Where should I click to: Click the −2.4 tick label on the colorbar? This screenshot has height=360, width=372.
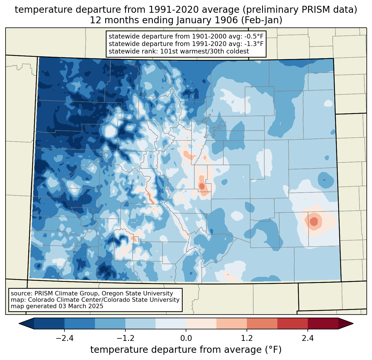64,338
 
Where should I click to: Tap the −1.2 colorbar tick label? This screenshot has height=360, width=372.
125,338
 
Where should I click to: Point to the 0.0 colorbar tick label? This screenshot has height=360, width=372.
186,338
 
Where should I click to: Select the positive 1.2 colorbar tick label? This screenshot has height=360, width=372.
247,338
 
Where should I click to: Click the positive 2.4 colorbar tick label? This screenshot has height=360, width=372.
308,338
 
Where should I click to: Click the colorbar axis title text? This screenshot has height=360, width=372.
186,350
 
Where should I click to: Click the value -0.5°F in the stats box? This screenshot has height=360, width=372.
254,36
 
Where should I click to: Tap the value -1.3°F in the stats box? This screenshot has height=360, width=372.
254,44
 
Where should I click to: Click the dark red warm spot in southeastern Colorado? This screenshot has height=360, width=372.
314,221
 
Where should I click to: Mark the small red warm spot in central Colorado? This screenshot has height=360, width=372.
202,186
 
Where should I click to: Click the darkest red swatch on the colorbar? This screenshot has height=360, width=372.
323,323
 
